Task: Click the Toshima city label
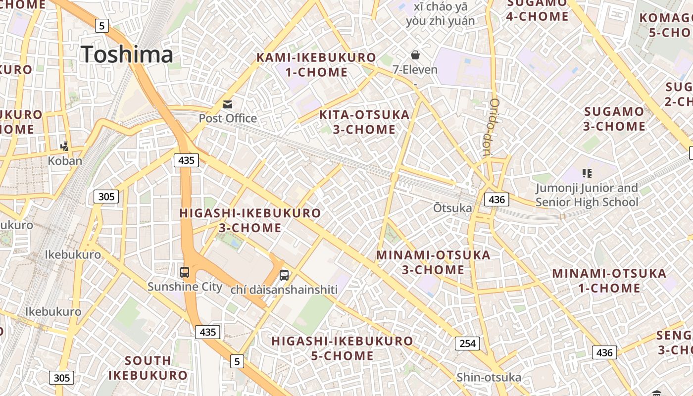(127, 54)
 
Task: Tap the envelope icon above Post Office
(228, 104)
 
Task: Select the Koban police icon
(64, 146)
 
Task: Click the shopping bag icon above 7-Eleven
(415, 55)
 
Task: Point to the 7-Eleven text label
(415, 69)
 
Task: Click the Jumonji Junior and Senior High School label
(587, 195)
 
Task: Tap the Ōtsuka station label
(452, 208)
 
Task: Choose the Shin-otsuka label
(489, 378)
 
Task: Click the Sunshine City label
(185, 287)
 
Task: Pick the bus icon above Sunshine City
(185, 272)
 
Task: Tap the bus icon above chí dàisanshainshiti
(284, 275)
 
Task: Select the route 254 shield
(467, 344)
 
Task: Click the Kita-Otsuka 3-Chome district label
(364, 122)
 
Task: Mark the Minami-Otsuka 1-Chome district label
(609, 281)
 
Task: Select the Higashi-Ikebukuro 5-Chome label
(342, 348)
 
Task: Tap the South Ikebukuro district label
(148, 368)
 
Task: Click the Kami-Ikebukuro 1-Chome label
(316, 65)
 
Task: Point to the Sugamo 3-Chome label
(614, 119)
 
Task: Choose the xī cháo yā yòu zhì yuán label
(440, 14)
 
